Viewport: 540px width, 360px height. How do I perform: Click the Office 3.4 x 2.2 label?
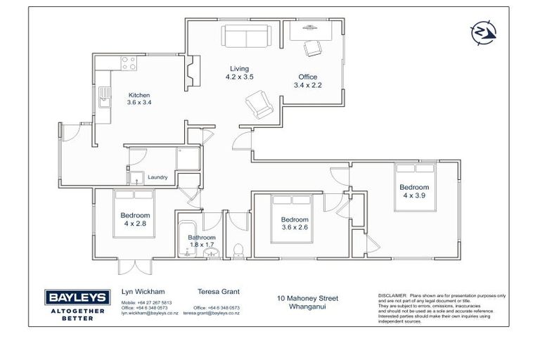[x=306, y=81]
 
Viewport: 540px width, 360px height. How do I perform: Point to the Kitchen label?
[x=139, y=98]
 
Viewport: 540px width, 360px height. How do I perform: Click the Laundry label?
[x=157, y=177]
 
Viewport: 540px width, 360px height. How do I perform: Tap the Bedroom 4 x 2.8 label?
[x=135, y=219]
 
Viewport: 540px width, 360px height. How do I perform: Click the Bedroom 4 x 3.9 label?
[x=414, y=191]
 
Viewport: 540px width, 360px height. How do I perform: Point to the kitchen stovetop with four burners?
[x=128, y=65]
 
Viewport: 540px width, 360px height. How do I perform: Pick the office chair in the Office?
[x=310, y=47]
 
